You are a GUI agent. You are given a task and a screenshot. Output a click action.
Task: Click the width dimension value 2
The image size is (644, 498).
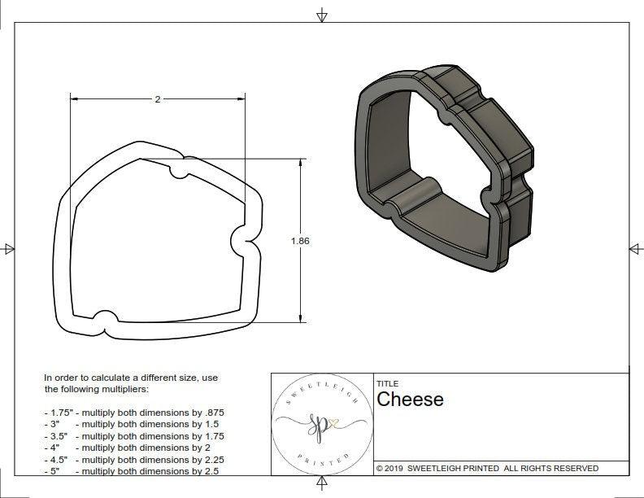point(158,99)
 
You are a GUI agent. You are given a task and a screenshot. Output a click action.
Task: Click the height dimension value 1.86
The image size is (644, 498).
point(301,241)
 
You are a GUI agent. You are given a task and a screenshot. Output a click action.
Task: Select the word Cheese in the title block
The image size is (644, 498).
point(410,400)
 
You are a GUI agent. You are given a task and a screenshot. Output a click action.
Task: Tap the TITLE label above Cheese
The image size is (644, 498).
point(387,383)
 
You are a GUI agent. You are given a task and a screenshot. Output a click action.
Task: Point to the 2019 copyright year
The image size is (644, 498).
point(394,468)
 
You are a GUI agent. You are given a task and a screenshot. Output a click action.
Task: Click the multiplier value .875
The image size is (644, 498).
point(213,413)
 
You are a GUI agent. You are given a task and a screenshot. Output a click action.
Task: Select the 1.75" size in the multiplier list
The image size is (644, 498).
point(57,413)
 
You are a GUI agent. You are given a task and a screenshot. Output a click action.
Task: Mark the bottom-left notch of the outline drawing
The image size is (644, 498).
point(103,318)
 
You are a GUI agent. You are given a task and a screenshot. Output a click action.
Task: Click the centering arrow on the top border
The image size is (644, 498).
point(322,15)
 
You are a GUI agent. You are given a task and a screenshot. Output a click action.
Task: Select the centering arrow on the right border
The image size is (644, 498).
point(634,248)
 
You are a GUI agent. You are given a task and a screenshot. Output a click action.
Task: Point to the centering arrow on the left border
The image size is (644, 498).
point(8,248)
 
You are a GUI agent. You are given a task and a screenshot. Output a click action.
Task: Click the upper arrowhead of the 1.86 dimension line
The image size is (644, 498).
point(301,164)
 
